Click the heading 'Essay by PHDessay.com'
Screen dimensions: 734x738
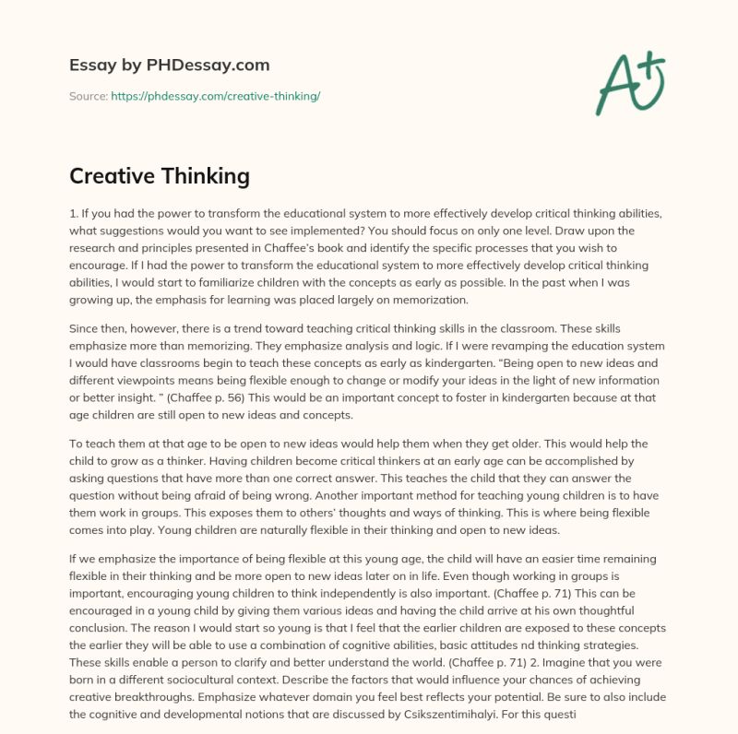click(170, 65)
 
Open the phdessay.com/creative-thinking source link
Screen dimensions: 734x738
click(215, 96)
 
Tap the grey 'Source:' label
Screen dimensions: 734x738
click(88, 96)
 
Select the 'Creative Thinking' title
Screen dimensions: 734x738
click(160, 175)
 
